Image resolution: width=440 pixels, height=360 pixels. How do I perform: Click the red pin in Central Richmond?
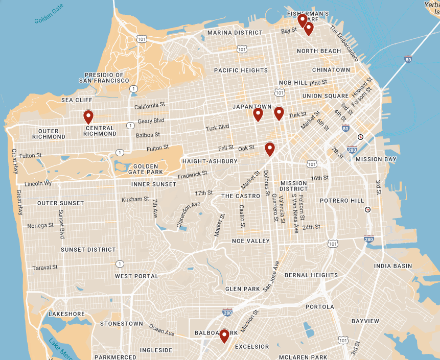pyautogui.click(x=88, y=117)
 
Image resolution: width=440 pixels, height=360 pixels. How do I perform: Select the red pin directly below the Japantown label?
pyautogui.click(x=258, y=114)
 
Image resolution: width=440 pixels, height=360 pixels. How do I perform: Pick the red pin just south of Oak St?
pyautogui.click(x=270, y=149)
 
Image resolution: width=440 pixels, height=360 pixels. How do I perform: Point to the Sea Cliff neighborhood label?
pyautogui.click(x=76, y=100)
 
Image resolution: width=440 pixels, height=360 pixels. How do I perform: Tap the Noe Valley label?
pyautogui.click(x=250, y=241)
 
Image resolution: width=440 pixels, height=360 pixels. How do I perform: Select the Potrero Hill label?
pyautogui.click(x=342, y=201)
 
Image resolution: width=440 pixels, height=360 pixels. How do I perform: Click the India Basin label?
pyautogui.click(x=393, y=266)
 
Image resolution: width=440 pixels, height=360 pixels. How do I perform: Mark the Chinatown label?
pyautogui.click(x=331, y=70)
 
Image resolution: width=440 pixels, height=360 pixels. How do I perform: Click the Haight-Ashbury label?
pyautogui.click(x=210, y=161)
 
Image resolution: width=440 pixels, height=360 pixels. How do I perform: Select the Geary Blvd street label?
pyautogui.click(x=151, y=121)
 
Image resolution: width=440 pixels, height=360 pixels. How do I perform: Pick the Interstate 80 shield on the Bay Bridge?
pyautogui.click(x=408, y=59)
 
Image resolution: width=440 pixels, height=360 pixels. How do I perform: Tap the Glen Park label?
pyautogui.click(x=242, y=289)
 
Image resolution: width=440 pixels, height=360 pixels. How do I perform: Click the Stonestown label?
pyautogui.click(x=122, y=324)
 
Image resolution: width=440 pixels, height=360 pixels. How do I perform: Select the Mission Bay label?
pyautogui.click(x=376, y=159)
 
